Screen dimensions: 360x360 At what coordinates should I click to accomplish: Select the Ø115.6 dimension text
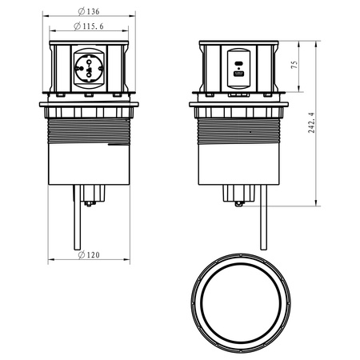90,28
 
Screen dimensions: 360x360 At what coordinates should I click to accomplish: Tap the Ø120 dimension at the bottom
90,256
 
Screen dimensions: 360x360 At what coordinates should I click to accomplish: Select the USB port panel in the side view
238,69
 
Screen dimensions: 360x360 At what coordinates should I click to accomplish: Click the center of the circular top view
239,304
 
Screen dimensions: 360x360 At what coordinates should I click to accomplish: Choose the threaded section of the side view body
238,129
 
